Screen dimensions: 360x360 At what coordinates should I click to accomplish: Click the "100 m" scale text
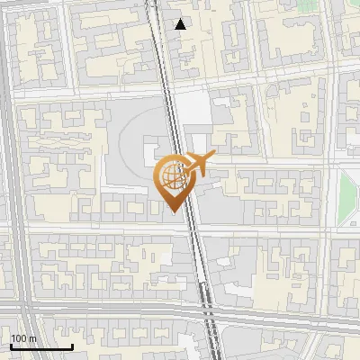[x=22, y=338]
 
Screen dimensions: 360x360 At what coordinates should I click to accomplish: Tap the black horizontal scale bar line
[x=41, y=346]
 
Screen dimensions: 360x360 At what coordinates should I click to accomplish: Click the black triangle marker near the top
[x=181, y=24]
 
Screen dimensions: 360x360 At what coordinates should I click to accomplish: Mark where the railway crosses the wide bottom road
[x=210, y=318]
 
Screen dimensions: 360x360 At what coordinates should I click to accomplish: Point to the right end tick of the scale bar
[x=72, y=346]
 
